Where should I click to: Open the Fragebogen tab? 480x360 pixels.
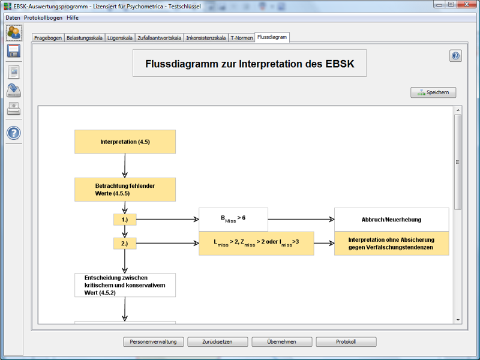coord(48,38)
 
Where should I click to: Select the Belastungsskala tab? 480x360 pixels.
coord(84,38)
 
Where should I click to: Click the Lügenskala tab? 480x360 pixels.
coord(119,38)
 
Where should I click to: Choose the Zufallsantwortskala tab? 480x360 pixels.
coord(159,38)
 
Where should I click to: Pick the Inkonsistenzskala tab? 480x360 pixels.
coord(206,38)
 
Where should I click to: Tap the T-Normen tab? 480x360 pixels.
coord(241,38)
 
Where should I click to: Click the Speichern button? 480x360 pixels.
coord(433,92)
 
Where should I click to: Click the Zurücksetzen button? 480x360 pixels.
coord(217,342)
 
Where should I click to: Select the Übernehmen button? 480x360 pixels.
coord(282,342)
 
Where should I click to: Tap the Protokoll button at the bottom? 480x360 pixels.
coord(346,342)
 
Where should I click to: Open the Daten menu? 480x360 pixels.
coord(13,17)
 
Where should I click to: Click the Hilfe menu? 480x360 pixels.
coord(73,17)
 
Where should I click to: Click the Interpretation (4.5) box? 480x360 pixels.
coord(125,142)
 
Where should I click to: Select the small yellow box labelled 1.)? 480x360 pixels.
coord(125,220)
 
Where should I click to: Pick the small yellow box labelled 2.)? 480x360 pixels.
coord(125,244)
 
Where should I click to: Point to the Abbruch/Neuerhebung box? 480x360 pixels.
coord(391,220)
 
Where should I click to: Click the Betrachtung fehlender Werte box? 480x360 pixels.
coord(125,190)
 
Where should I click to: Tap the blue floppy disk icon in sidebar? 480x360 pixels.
coord(14,52)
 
